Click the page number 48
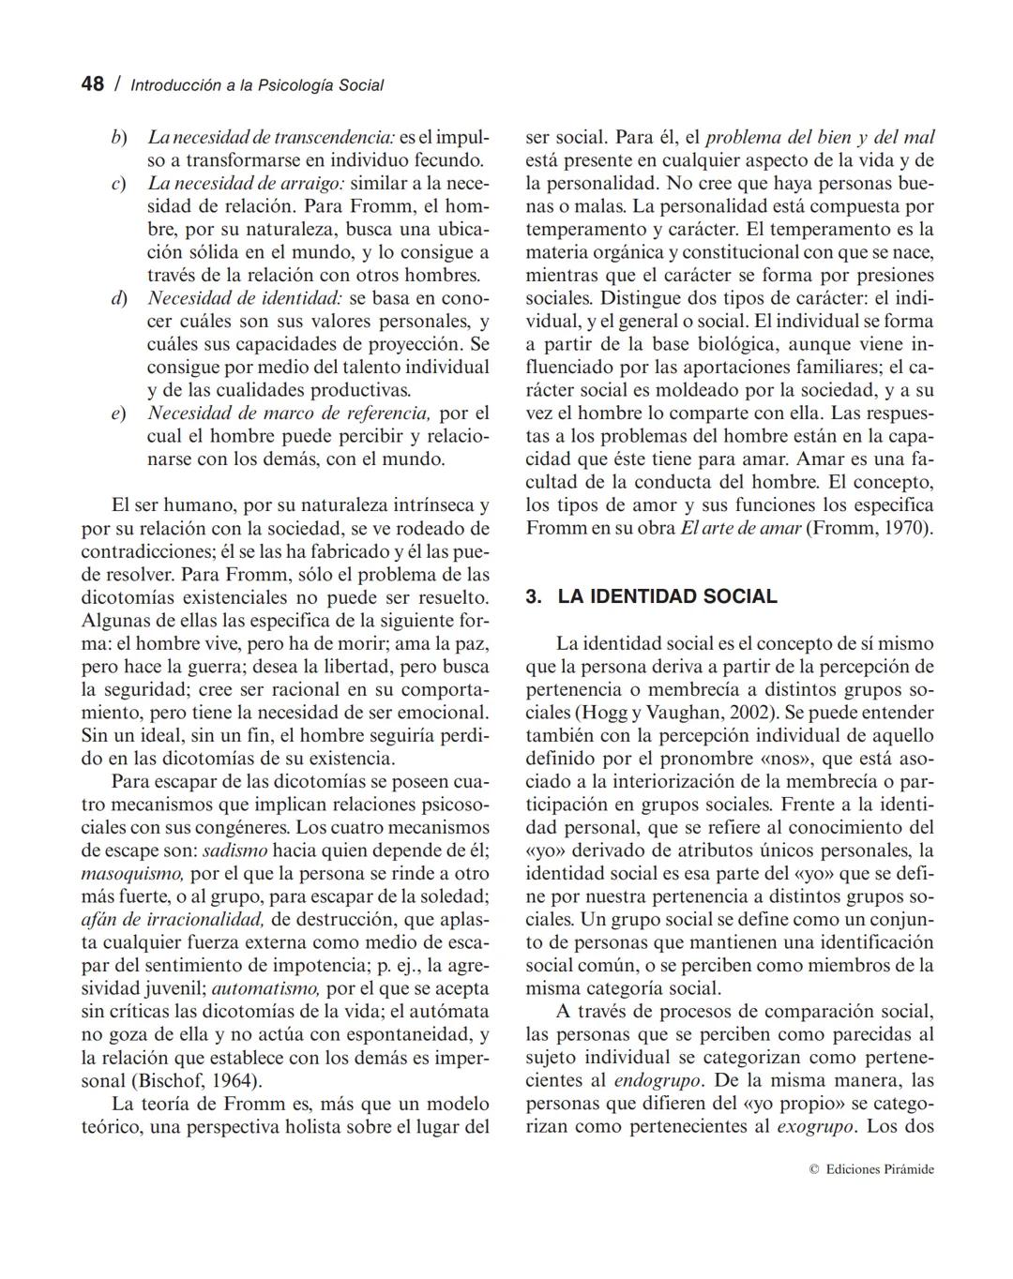pyautogui.click(x=92, y=84)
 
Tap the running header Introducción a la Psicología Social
pyautogui.click(x=257, y=85)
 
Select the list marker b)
pyautogui.click(x=119, y=138)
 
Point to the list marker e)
pyautogui.click(x=119, y=414)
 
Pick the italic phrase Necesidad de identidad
pyautogui.click(x=245, y=299)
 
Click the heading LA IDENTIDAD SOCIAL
pyautogui.click(x=667, y=597)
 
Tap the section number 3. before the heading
pyautogui.click(x=534, y=597)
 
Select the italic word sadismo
pyautogui.click(x=234, y=850)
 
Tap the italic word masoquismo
pyautogui.click(x=132, y=873)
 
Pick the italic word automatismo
pyautogui.click(x=265, y=988)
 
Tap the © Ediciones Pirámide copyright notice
pyautogui.click(x=871, y=1169)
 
